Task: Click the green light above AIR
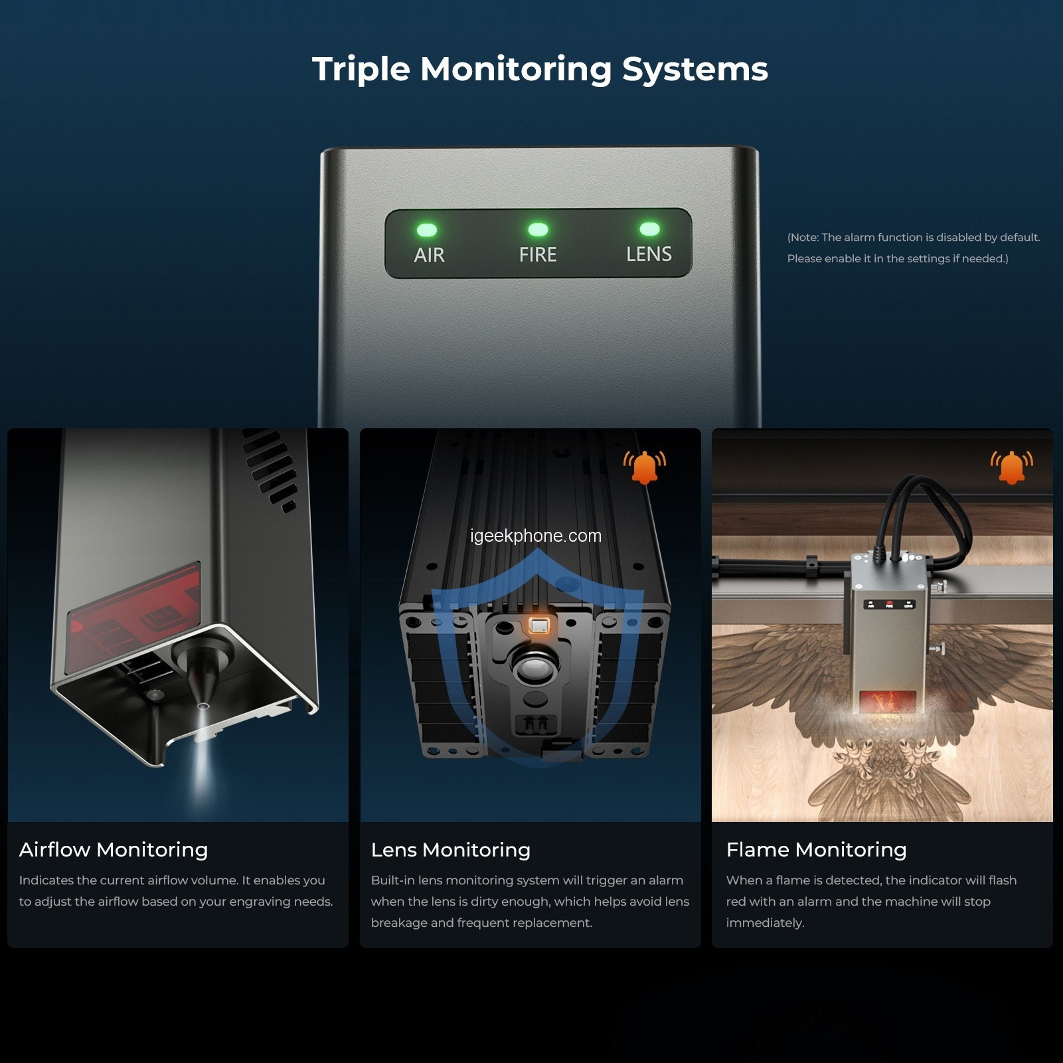pos(427,230)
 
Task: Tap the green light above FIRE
pos(538,230)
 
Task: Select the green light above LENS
pos(649,229)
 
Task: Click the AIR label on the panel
pos(429,255)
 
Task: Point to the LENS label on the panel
pos(649,254)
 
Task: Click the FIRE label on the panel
pos(538,254)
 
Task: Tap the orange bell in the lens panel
pos(644,467)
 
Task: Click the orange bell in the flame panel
pos(1012,467)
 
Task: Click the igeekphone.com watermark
pos(536,536)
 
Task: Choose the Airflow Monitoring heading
pos(114,850)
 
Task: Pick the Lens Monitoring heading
pos(451,850)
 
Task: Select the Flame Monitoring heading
pos(817,850)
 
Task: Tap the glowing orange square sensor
pos(540,625)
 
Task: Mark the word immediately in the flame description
pos(765,923)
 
